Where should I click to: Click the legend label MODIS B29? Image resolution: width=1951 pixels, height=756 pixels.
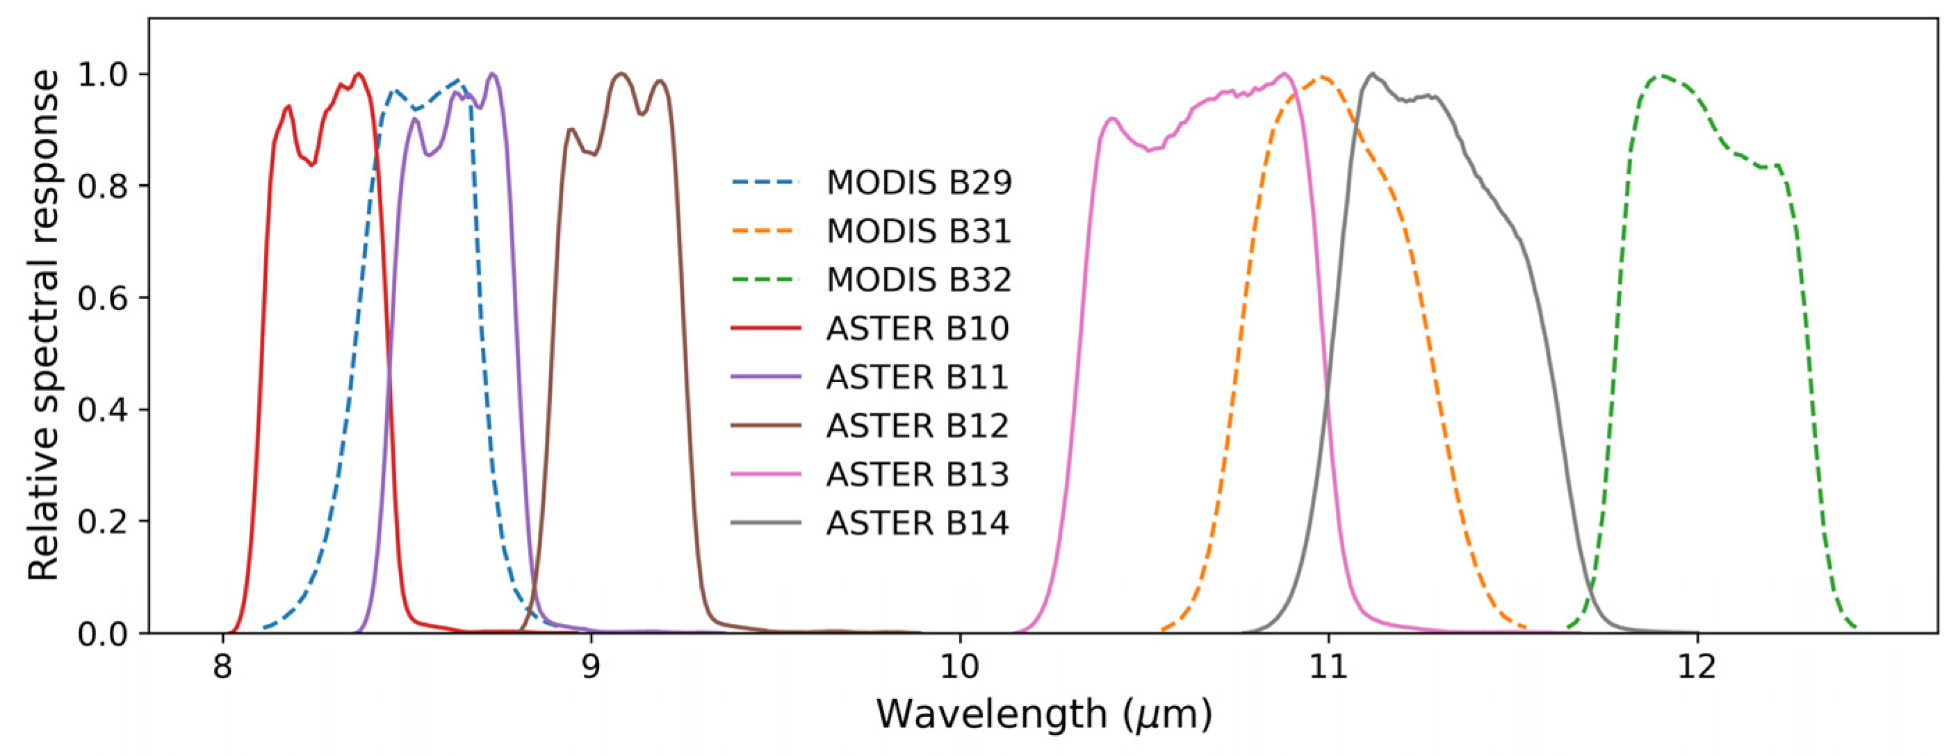tap(919, 182)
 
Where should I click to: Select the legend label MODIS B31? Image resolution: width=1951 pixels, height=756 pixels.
tap(919, 231)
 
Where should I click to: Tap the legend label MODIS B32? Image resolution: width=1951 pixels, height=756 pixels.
tap(919, 280)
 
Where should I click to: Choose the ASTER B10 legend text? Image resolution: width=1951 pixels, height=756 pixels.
tap(917, 329)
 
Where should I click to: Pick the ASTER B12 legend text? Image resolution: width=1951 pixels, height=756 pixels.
tap(917, 426)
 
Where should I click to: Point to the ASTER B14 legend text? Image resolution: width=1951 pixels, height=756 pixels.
tap(917, 524)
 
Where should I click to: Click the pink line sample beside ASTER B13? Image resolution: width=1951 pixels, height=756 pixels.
tap(766, 474)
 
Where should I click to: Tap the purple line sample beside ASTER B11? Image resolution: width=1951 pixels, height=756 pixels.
tap(766, 377)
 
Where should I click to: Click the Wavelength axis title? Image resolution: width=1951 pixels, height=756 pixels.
tap(1045, 715)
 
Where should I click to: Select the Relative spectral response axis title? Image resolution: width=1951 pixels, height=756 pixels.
tap(44, 325)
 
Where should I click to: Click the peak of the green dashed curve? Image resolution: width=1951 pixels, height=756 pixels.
tap(1662, 76)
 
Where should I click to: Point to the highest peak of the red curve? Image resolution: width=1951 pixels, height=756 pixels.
tap(359, 74)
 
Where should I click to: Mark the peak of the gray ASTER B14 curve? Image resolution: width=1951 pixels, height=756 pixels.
tap(1372, 74)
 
